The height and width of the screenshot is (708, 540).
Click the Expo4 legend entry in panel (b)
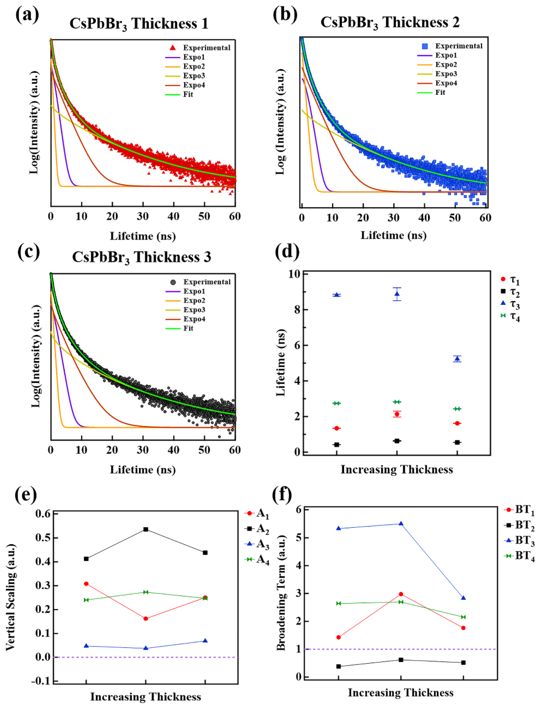446,83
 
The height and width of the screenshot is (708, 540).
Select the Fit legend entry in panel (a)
188,94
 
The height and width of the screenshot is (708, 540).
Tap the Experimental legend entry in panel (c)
207,282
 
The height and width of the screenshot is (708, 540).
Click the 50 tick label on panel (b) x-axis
455,218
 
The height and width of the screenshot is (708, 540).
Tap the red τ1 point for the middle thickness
397,414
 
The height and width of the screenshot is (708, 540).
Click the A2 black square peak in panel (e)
146,529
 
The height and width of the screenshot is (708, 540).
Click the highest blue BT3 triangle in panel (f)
401,524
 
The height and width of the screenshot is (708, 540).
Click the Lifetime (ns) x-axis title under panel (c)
143,469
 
